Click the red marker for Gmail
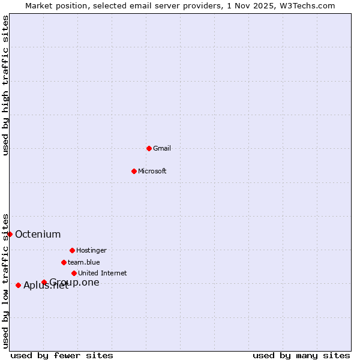[x=149, y=148]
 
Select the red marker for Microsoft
[x=134, y=171]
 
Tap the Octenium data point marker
[x=10, y=234]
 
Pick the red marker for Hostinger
[x=72, y=250]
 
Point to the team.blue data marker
[x=64, y=262]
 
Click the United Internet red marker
[x=74, y=273]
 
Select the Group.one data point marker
[x=44, y=282]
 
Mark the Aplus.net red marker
[x=18, y=285]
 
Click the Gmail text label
[x=162, y=148]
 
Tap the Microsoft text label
[x=152, y=171]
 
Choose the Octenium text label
[x=38, y=234]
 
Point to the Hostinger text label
[x=91, y=250]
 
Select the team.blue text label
[x=84, y=262]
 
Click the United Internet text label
[x=103, y=273]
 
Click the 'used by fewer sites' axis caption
[x=62, y=355]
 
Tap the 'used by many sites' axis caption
[x=301, y=355]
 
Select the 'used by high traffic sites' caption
[x=5, y=85]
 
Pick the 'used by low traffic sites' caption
[x=5, y=281]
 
